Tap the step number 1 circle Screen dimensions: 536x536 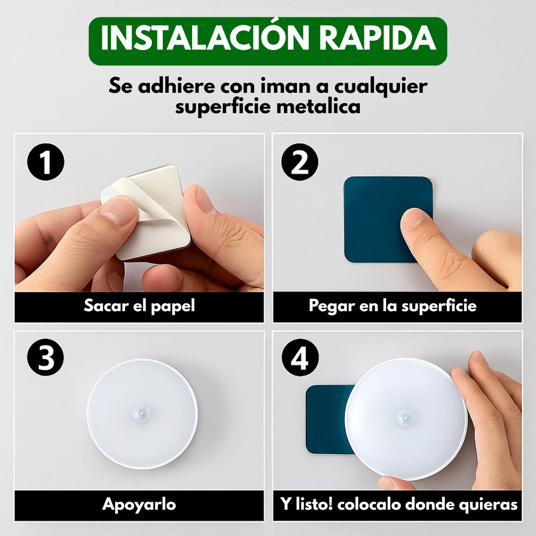[x=46, y=163]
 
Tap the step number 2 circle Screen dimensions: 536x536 [x=300, y=163]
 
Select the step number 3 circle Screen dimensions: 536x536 [x=46, y=359]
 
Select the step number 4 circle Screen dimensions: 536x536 [x=300, y=359]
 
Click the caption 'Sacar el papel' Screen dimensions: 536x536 [x=139, y=306]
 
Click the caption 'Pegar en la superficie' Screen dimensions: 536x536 [x=393, y=306]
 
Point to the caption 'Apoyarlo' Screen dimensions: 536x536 [x=139, y=505]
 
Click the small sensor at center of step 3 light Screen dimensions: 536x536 [x=142, y=413]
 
